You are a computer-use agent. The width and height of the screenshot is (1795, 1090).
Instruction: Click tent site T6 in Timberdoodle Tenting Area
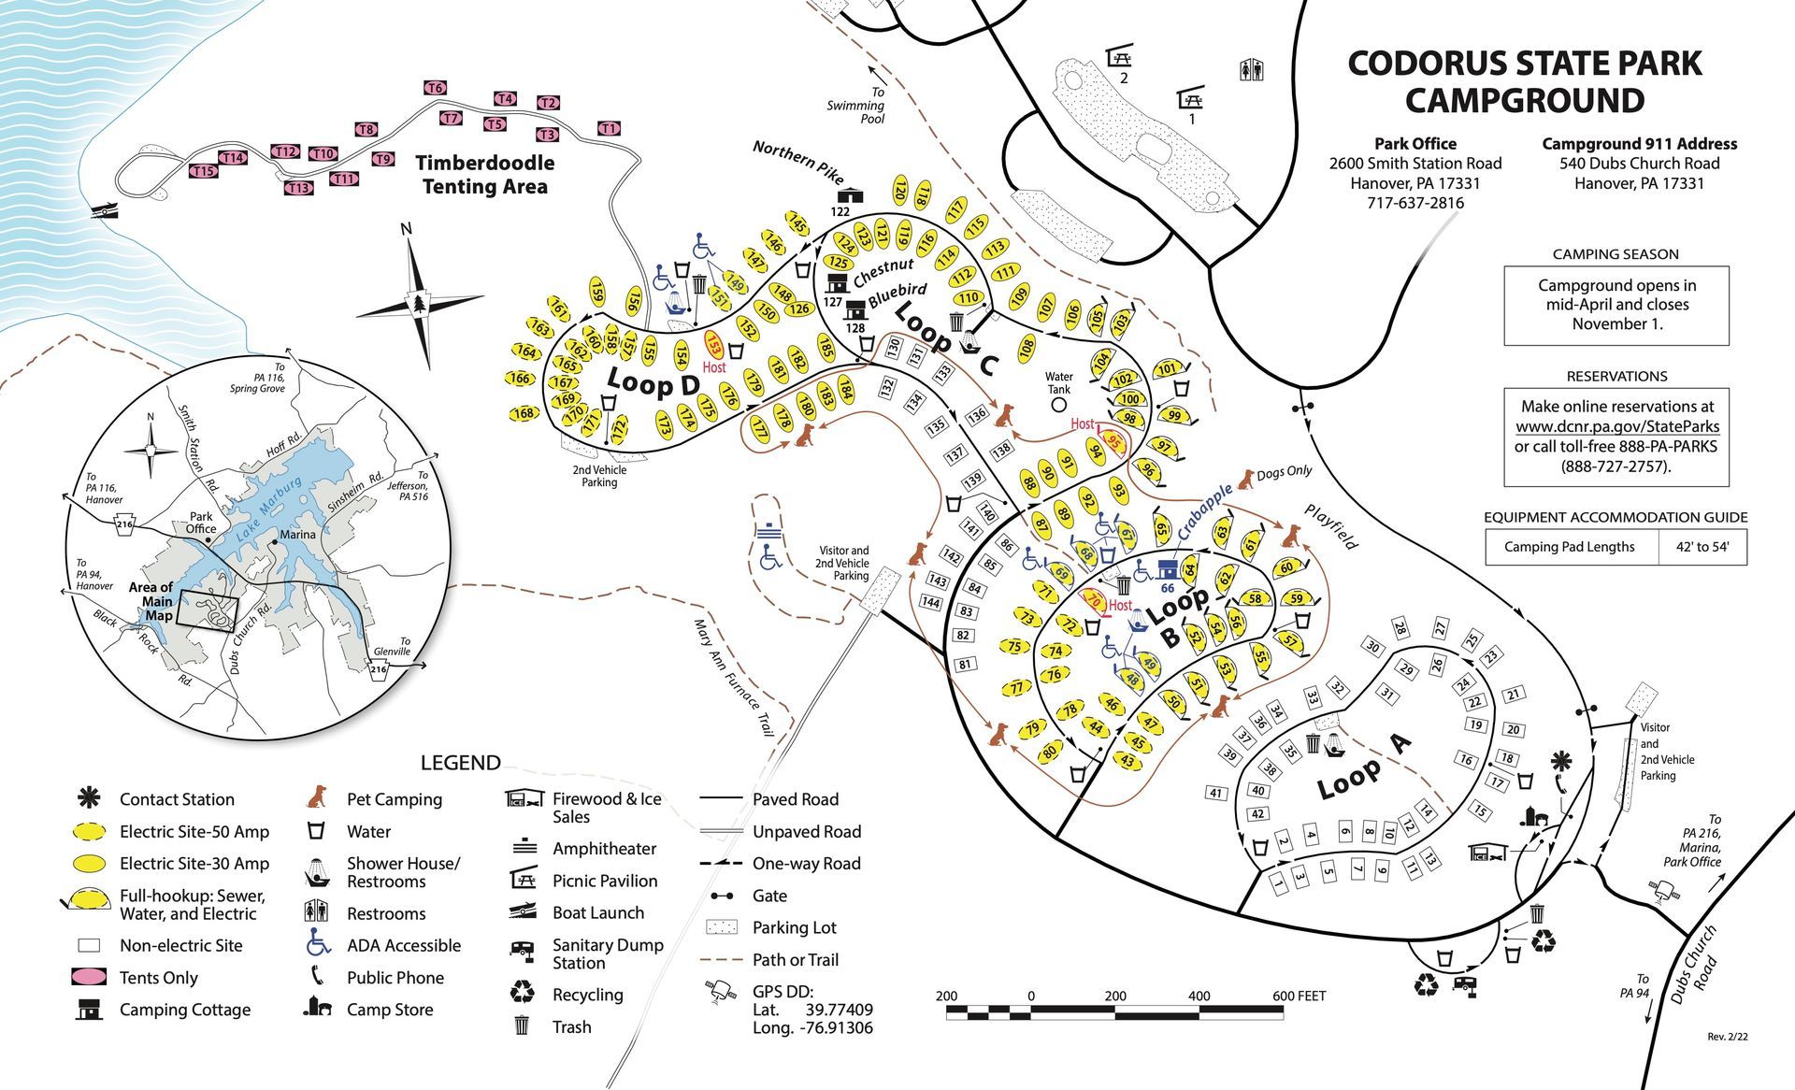point(435,88)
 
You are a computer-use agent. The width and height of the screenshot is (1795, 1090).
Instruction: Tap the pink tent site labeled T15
point(203,171)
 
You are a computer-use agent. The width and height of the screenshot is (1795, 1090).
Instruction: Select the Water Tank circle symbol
point(1058,405)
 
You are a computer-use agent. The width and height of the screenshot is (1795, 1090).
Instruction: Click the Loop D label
point(653,382)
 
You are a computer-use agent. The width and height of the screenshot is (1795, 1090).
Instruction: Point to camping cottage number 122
point(850,196)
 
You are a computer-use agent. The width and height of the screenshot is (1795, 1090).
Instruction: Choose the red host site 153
point(713,346)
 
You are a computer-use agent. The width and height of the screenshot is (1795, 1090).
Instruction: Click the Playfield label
point(1331,526)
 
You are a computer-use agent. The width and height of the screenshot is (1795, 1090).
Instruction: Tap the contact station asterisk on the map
point(1559,759)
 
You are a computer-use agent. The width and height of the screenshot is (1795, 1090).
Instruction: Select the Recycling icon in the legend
point(522,993)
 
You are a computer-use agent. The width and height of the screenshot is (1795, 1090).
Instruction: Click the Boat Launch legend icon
point(523,911)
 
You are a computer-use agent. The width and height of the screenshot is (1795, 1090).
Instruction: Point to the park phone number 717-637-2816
point(1415,203)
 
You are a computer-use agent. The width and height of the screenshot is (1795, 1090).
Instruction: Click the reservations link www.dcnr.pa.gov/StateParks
point(1617,426)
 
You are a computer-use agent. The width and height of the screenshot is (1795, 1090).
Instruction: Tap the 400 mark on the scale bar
point(1199,996)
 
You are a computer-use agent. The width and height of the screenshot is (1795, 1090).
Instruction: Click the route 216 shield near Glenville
point(379,669)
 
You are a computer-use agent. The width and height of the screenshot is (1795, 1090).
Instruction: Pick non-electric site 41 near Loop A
point(1215,793)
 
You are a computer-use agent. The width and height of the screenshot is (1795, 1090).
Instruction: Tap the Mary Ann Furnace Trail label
point(734,677)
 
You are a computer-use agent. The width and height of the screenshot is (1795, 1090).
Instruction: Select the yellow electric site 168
point(524,412)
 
